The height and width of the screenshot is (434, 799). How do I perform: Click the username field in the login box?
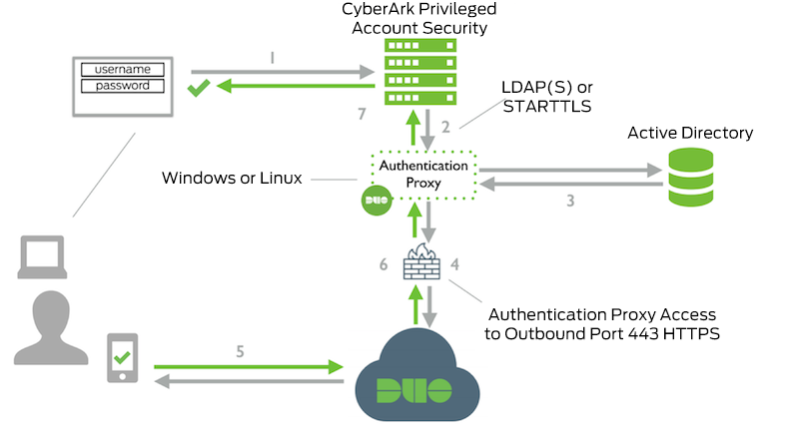point(122,70)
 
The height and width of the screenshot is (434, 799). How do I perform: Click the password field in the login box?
point(122,86)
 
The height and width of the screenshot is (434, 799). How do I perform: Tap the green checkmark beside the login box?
point(199,89)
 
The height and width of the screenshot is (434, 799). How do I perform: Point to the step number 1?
point(273,59)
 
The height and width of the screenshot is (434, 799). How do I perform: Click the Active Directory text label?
point(689,133)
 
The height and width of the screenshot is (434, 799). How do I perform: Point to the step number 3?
point(569,201)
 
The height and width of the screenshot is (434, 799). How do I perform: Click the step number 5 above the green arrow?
point(239,349)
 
